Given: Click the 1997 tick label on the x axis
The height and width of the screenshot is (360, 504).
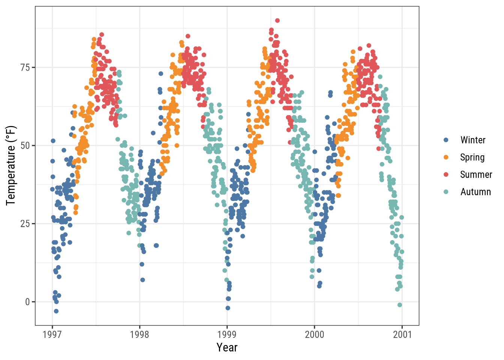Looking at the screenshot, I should coord(52,334).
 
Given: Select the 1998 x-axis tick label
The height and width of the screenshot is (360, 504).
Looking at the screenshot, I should coord(139,334).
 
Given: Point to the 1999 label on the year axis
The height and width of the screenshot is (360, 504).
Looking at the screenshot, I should coord(227,334).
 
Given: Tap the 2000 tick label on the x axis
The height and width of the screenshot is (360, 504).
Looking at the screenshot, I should coord(314,334).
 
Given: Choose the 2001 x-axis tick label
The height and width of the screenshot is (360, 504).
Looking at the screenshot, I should coord(402,334).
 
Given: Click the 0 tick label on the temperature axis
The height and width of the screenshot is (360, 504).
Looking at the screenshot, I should coord(27,302).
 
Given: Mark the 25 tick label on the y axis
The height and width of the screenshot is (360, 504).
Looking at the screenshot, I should coord(25,224).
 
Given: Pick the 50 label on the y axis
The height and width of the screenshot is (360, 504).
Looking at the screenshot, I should coord(25,145).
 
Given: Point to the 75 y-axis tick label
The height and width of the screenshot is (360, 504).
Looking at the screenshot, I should coord(25,67).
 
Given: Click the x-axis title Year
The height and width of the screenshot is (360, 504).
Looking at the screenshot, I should coord(227,348).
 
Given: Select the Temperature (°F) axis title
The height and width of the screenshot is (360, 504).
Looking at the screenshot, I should coord(11,165).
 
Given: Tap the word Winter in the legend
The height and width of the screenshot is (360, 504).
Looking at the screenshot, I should coord(473,140).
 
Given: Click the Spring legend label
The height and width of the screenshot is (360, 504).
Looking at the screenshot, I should coord(472,157).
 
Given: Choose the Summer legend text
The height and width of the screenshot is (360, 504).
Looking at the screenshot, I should coord(476,175).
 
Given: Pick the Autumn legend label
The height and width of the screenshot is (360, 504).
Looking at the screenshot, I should coord(475,192).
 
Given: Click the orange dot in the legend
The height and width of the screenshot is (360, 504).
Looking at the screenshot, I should coord(446,157).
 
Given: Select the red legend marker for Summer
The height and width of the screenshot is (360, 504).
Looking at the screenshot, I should coord(446,175).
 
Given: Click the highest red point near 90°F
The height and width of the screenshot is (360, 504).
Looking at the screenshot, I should coord(277,21).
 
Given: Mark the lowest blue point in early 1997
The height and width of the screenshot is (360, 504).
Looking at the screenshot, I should coord(56,311).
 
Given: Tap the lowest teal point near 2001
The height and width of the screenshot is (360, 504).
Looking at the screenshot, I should coord(399,305).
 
